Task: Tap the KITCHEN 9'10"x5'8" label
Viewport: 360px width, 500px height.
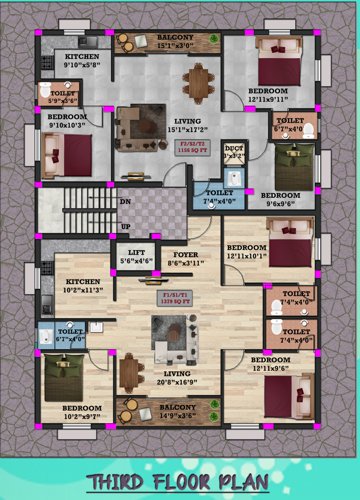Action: (x=82, y=63)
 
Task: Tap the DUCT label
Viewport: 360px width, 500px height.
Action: (x=231, y=153)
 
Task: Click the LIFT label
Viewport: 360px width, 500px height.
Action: (x=137, y=257)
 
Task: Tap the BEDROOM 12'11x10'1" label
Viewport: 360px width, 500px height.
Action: (x=251, y=251)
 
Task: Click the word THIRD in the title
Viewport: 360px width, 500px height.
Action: (x=119, y=483)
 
